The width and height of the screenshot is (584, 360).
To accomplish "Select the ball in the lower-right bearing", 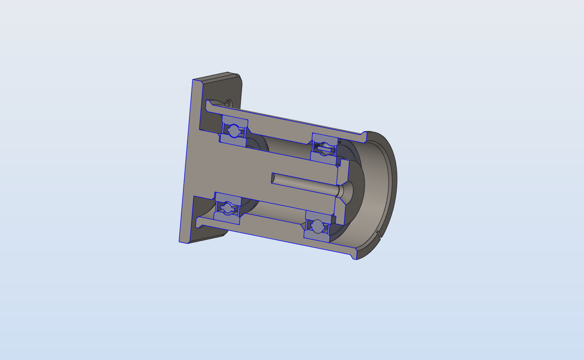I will pyautogui.click(x=318, y=226).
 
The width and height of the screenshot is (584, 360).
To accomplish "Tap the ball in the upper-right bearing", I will pyautogui.click(x=324, y=146).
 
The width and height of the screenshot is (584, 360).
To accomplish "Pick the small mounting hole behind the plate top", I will pyautogui.click(x=228, y=103).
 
